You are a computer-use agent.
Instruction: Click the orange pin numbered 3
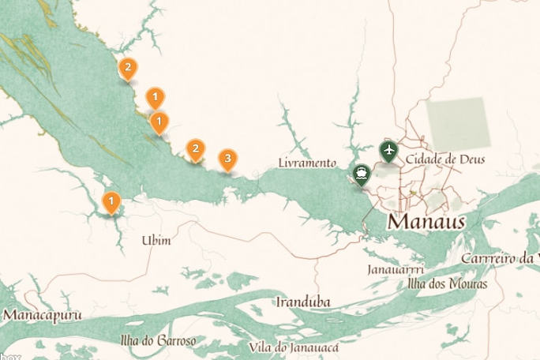[227, 159]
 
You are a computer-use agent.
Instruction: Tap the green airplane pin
[388, 149]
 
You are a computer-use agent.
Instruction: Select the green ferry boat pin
[362, 174]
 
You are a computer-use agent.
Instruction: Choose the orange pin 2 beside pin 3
[195, 148]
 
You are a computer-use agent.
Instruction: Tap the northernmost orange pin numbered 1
[156, 98]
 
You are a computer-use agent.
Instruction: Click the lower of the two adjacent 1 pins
[159, 122]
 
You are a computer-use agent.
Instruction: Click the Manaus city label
[426, 221]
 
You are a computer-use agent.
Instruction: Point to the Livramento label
[308, 163]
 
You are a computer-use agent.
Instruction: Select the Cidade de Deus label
[444, 160]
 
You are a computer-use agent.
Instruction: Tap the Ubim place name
[156, 240]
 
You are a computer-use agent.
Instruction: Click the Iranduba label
[302, 302]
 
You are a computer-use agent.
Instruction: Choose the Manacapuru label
[43, 315]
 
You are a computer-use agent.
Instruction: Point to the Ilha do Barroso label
[158, 341]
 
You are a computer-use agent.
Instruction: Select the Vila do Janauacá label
[294, 347]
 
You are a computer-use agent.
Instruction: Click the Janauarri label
[396, 270]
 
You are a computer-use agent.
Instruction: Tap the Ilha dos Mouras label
[448, 283]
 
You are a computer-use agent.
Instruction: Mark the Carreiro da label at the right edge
[499, 259]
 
